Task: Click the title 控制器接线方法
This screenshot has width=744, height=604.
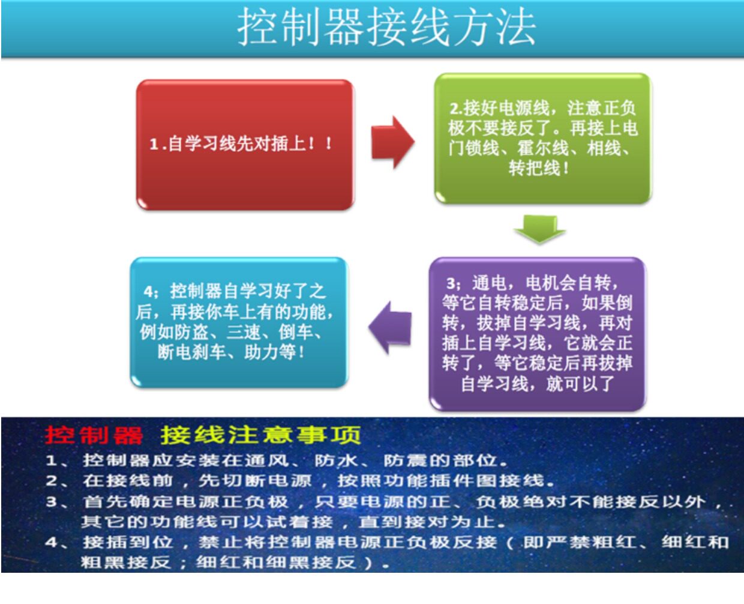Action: coord(387,27)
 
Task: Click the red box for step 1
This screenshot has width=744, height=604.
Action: coord(245,145)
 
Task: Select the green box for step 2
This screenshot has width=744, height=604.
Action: coord(543,138)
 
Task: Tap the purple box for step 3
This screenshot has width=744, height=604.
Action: coord(538,334)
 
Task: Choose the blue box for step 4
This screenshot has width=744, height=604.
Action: coord(239,322)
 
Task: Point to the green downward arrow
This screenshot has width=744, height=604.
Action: coord(539,229)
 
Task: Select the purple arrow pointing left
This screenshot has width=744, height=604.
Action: coord(390,327)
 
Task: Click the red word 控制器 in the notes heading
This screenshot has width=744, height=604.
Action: coord(94,435)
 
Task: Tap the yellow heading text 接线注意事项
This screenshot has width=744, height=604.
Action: coord(260,435)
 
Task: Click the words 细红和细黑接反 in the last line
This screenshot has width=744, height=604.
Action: coord(276,563)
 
